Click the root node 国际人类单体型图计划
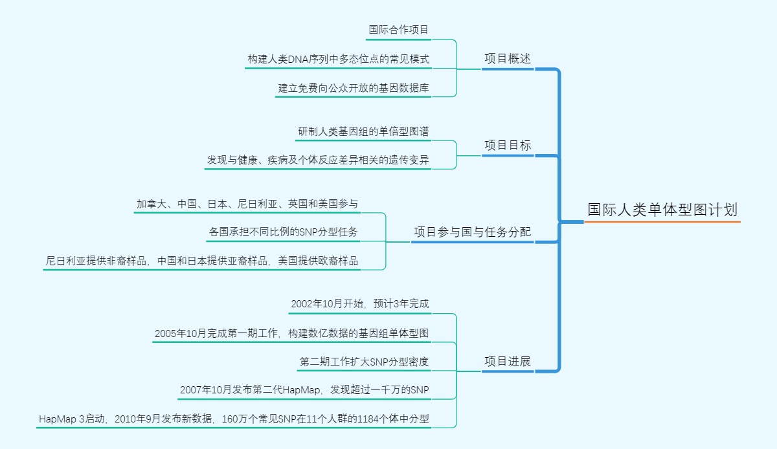[x=662, y=210]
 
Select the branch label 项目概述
[x=508, y=59]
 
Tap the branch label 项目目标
[x=508, y=146]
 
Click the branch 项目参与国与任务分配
[x=472, y=232]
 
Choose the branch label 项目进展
[x=508, y=361]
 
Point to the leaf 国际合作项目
[x=398, y=30]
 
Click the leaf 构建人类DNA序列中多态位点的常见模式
[x=338, y=59]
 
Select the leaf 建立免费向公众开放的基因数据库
[x=354, y=87]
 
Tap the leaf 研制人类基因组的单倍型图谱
[x=363, y=131]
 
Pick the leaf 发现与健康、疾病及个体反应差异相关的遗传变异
[x=318, y=160]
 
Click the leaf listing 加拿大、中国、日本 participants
[x=247, y=204]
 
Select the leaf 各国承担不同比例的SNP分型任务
[x=283, y=232]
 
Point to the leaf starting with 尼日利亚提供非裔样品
[x=201, y=261]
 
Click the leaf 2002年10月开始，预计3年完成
[x=359, y=304]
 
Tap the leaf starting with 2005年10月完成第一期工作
[x=291, y=333]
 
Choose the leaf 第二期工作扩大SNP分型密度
[x=364, y=362]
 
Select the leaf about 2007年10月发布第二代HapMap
[x=304, y=390]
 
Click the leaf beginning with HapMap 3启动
[x=234, y=419]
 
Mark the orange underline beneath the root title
[x=662, y=222]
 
